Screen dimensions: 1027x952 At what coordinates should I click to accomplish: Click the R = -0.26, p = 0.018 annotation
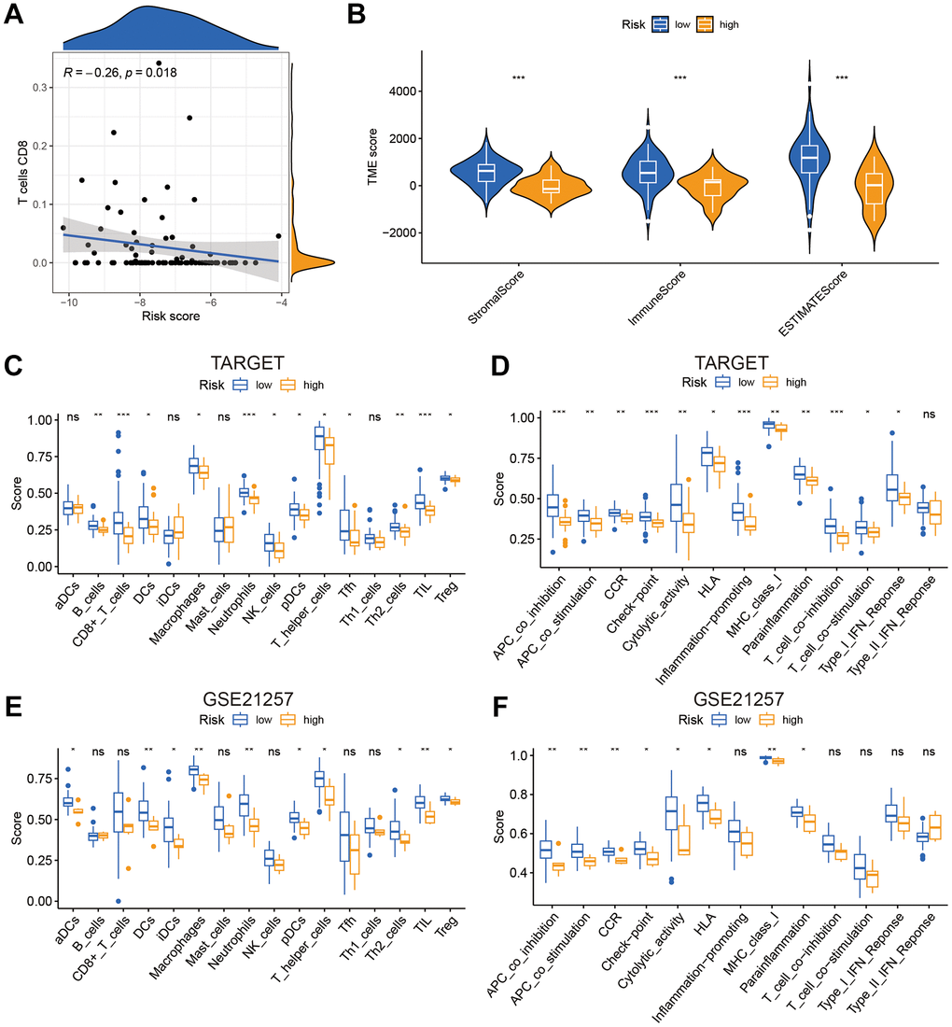119,72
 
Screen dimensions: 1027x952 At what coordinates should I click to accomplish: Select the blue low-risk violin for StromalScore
485,173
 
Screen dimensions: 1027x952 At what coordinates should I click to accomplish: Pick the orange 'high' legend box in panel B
704,23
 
